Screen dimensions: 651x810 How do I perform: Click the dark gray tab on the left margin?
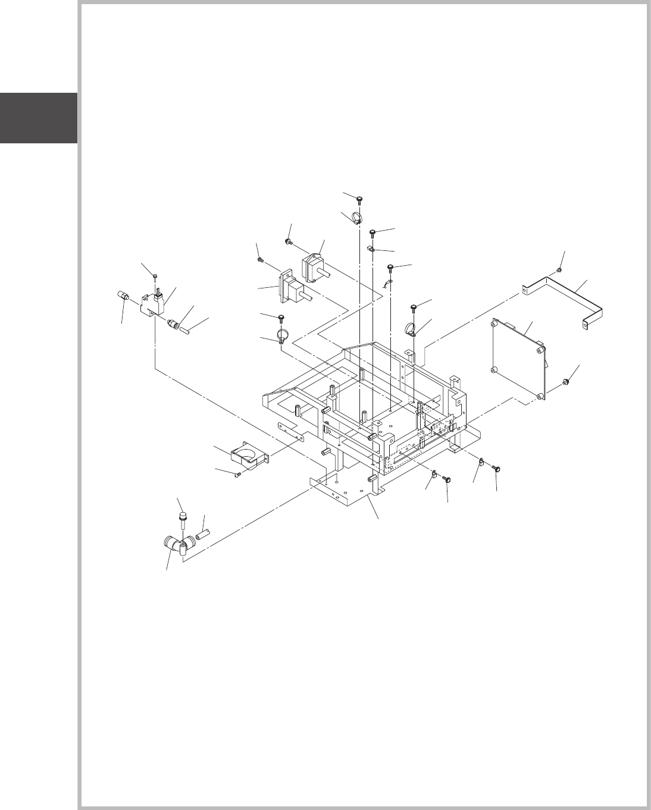point(39,118)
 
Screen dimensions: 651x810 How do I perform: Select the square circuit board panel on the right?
point(518,359)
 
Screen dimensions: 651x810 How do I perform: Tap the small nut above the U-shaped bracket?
point(560,271)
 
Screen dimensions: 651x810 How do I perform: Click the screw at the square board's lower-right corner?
point(567,381)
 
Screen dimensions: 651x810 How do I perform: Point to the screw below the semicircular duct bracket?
point(238,475)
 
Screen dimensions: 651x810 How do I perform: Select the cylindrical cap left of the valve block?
point(122,295)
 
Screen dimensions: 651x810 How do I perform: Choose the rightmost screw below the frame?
point(496,469)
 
